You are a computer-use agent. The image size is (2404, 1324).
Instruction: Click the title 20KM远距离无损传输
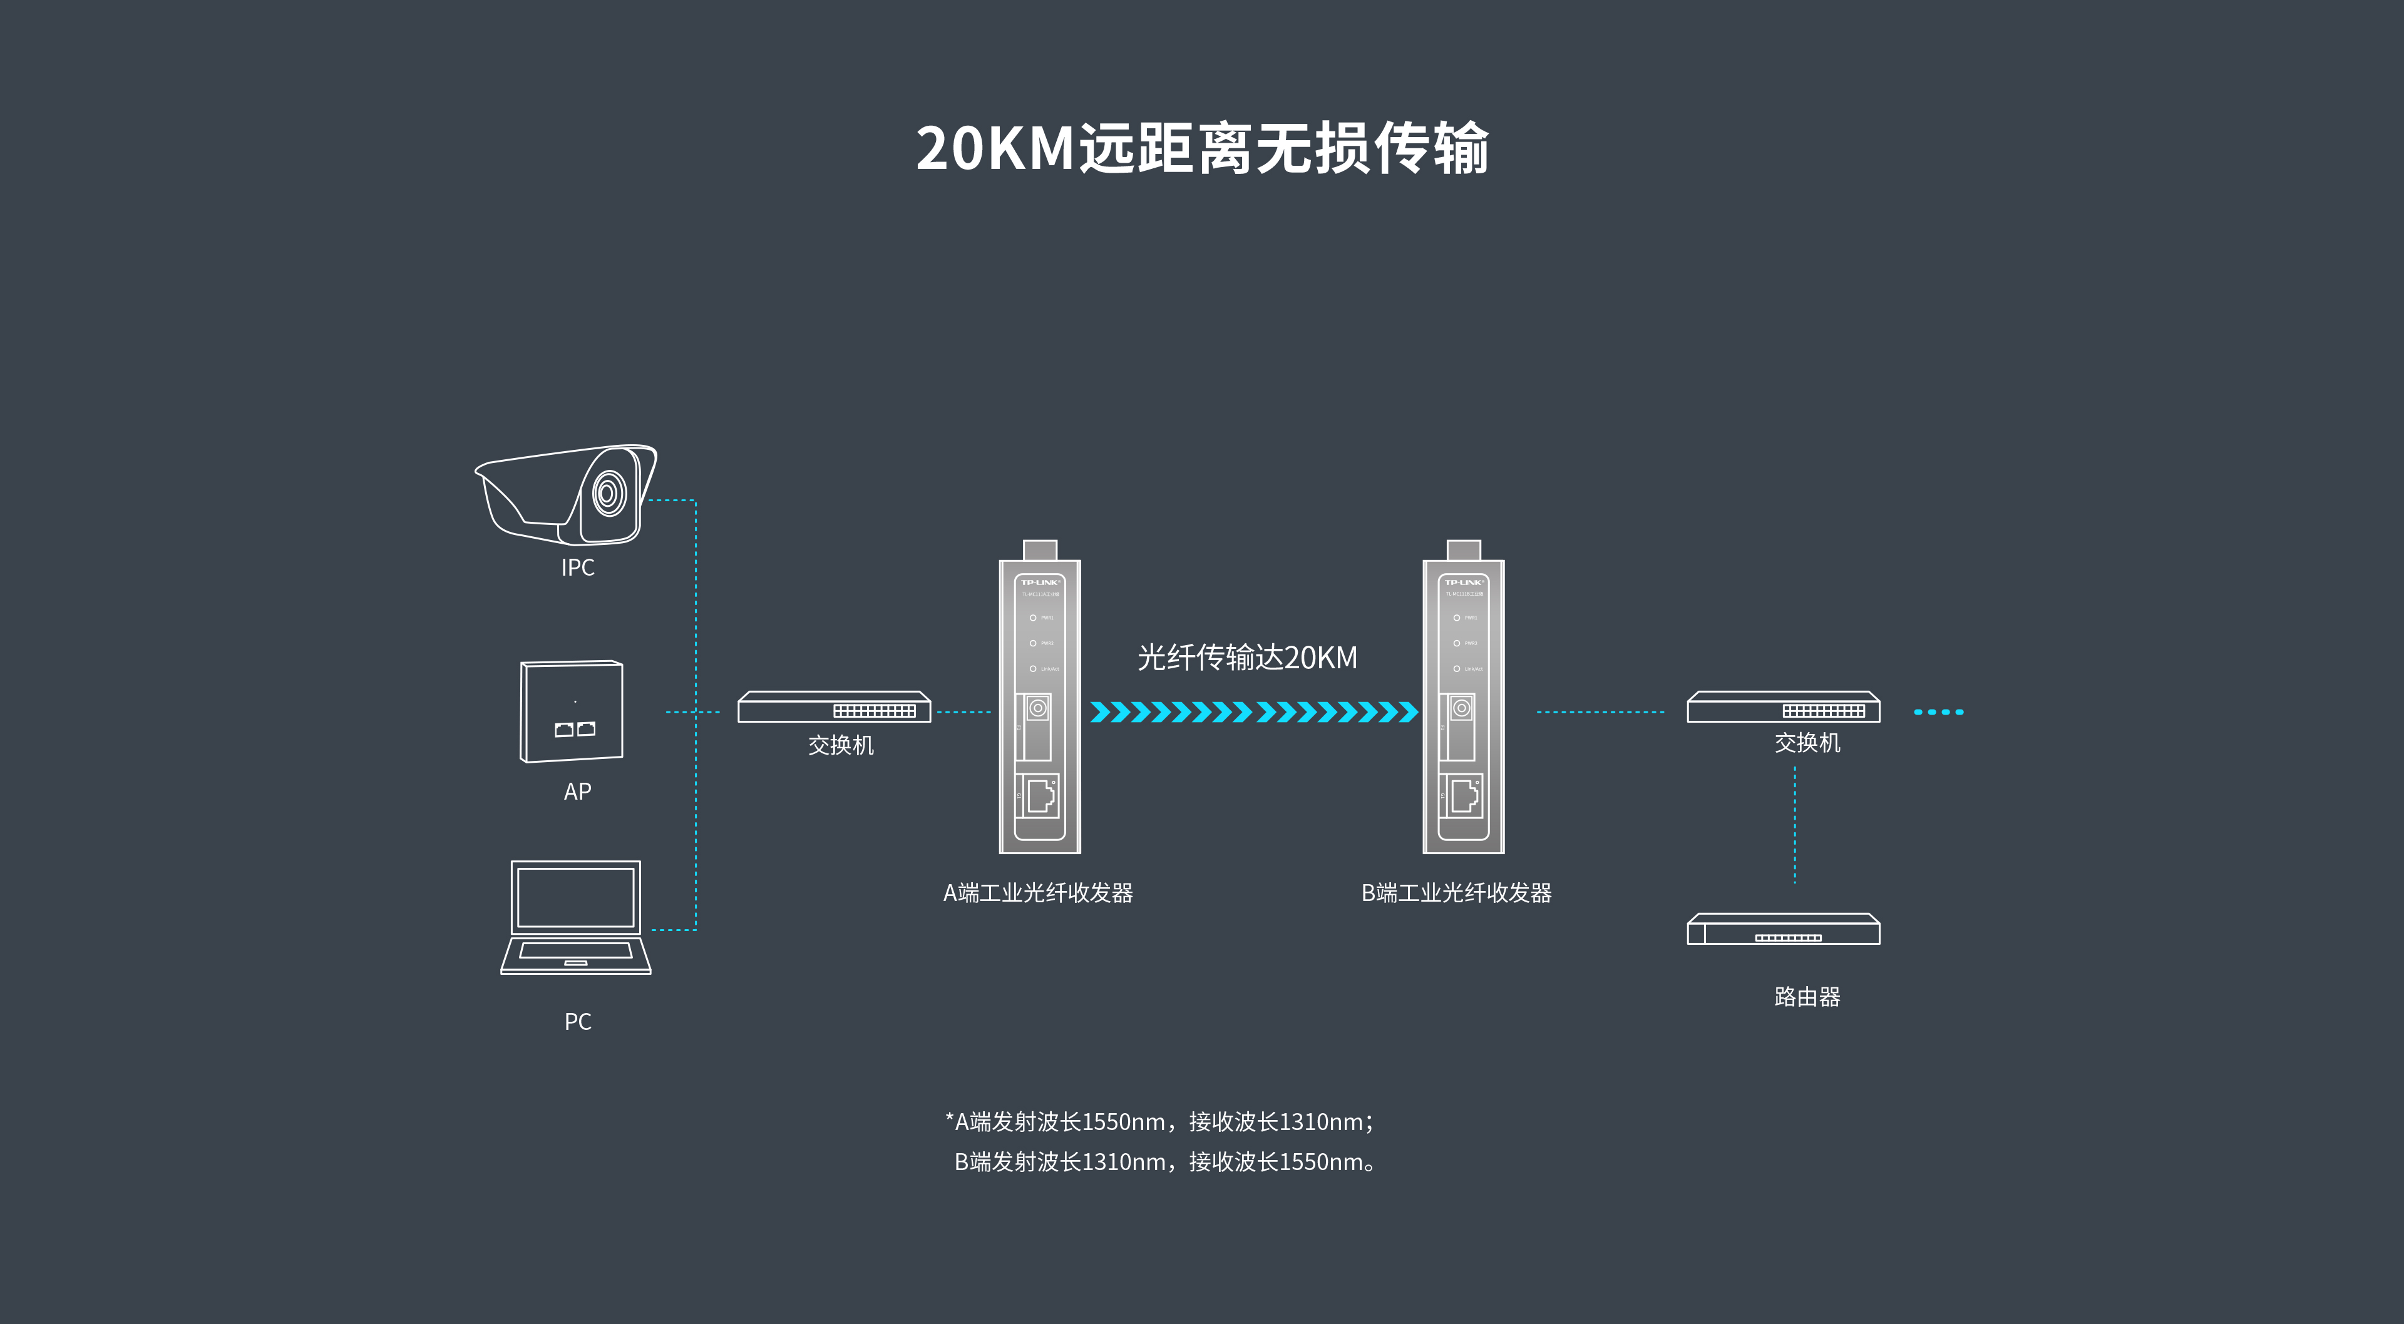[x=1202, y=148]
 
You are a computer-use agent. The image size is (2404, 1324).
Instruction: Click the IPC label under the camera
[x=578, y=568]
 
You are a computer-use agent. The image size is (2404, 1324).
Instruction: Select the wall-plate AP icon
[x=571, y=712]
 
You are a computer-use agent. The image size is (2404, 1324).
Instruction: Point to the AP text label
[x=578, y=792]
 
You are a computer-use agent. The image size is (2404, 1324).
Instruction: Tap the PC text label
[x=578, y=1022]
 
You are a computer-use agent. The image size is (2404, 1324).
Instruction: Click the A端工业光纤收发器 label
[x=1038, y=893]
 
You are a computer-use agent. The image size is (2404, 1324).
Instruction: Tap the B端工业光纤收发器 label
[x=1456, y=893]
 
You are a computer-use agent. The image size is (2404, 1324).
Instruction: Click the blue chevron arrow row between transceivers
[x=1253, y=713]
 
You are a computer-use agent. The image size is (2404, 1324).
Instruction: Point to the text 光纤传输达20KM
[x=1247, y=658]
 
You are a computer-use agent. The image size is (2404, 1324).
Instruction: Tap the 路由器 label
[x=1807, y=997]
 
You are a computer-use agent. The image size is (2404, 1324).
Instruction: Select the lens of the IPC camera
[x=609, y=492]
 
